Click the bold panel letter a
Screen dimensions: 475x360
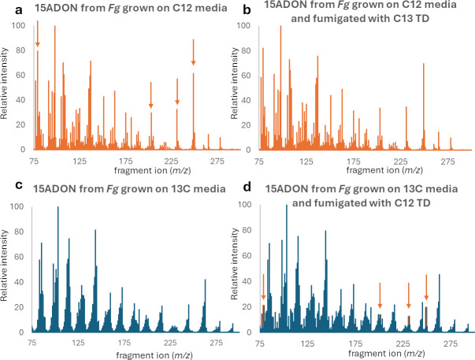19,10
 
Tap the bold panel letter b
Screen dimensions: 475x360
247,9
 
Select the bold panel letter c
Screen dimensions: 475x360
19,185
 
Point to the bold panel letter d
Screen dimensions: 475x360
247,187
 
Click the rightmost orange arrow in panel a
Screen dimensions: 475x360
193,52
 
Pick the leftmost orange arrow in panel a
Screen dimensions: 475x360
38,34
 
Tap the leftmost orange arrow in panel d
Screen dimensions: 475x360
263,287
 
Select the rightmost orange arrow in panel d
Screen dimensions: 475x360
426,288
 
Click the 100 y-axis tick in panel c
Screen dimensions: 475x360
17,206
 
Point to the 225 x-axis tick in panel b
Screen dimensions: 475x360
400,161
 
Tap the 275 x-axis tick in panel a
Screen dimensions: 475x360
217,161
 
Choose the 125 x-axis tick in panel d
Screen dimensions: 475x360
307,343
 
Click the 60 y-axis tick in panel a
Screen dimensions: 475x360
20,75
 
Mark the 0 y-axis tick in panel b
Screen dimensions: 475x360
248,150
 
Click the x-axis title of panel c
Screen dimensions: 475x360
154,354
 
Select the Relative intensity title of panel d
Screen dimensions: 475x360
234,264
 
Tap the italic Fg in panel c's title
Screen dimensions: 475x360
112,189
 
